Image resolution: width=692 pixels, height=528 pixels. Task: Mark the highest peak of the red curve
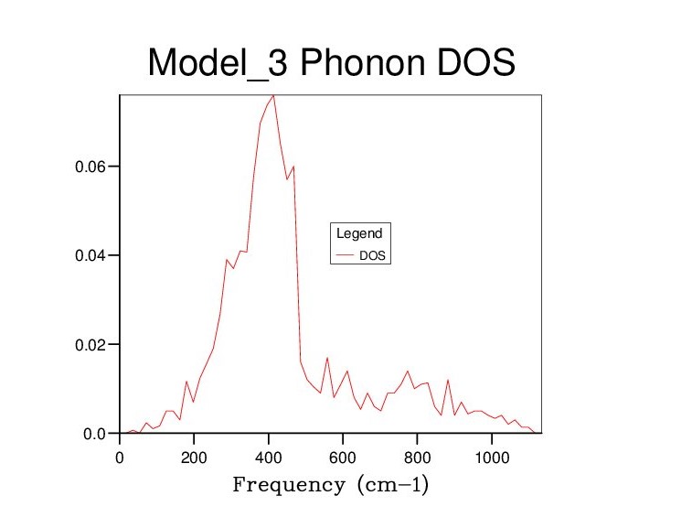coord(273,95)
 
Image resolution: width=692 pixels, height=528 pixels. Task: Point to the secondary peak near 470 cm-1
coord(293,167)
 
